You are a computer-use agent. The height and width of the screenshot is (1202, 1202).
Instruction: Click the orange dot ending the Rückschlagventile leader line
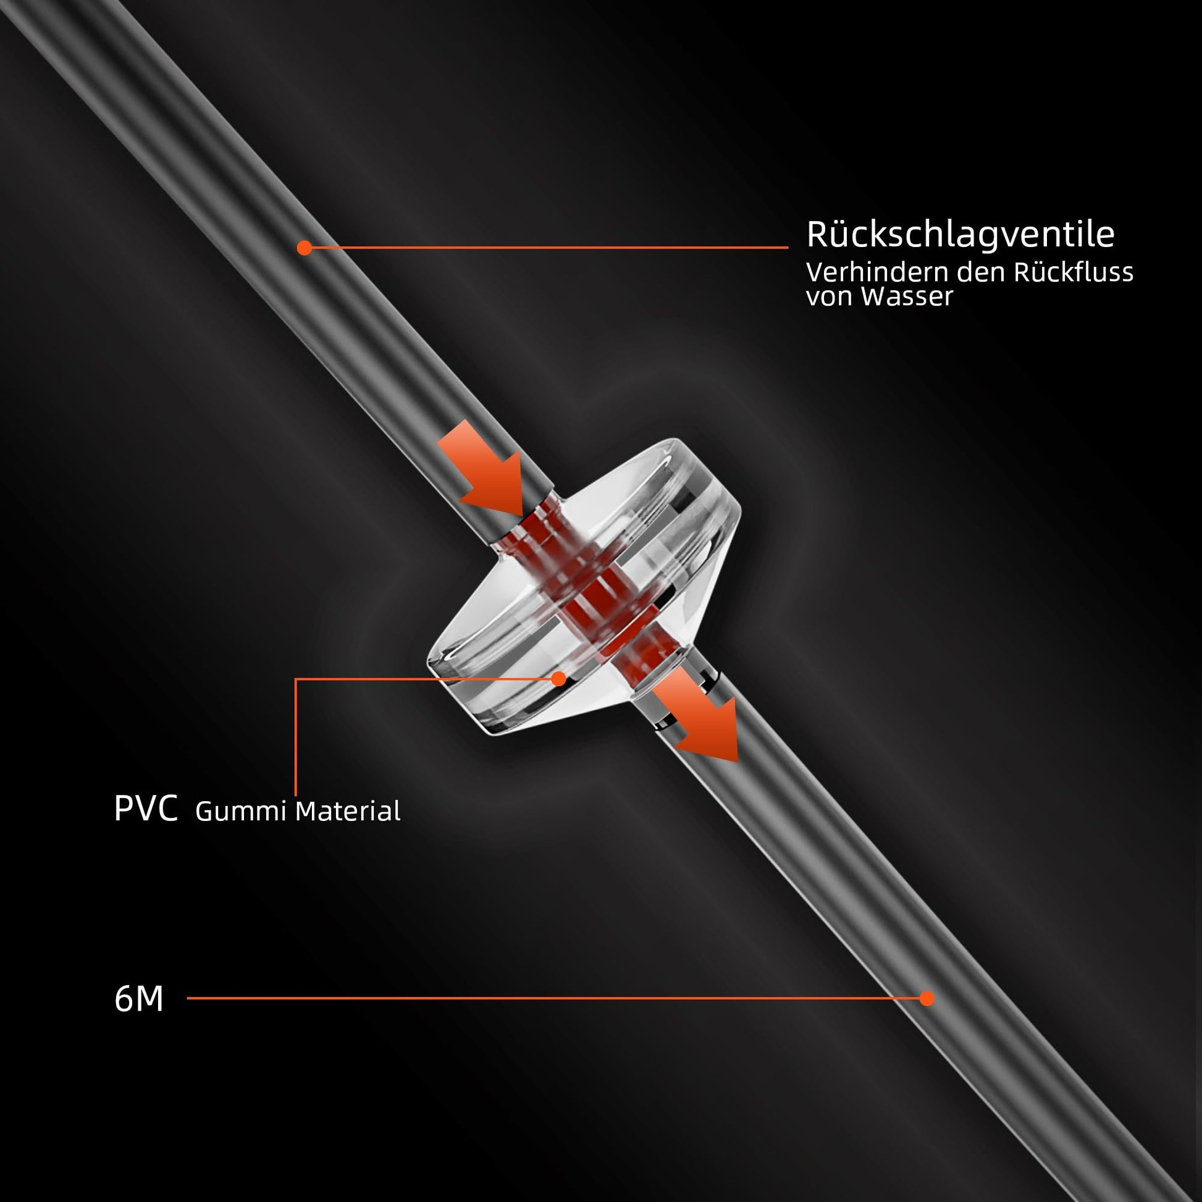click(305, 248)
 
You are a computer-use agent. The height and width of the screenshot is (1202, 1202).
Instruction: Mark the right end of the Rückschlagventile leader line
click(788, 248)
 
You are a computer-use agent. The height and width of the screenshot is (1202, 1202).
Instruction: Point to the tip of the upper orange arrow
click(524, 515)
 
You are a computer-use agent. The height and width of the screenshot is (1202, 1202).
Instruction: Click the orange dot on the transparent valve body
click(560, 679)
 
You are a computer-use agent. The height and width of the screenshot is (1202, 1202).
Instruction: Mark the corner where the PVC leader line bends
click(296, 679)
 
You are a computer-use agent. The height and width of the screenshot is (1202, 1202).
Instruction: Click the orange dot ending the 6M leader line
click(927, 999)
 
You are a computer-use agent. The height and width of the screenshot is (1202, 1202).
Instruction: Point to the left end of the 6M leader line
click(188, 999)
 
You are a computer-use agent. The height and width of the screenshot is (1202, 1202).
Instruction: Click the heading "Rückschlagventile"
click(960, 235)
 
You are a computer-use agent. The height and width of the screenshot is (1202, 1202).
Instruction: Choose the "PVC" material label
click(146, 809)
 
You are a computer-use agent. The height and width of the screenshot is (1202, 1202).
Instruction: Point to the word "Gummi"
click(242, 810)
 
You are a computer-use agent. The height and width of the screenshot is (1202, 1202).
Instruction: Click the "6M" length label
click(139, 999)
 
